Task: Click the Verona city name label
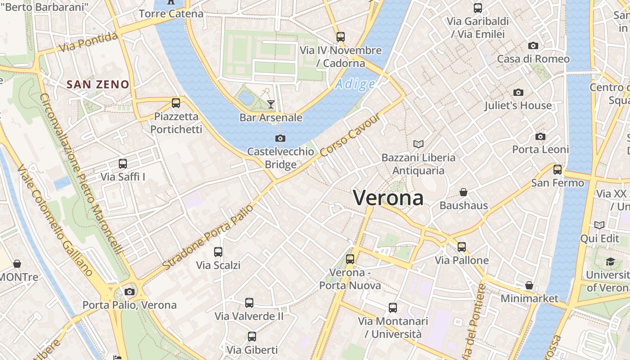[388, 198]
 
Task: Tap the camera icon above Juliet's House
[518, 92]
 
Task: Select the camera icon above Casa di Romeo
[533, 45]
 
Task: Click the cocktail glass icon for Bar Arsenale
[270, 104]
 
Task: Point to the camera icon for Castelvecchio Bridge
[280, 138]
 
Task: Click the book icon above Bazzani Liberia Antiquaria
[418, 144]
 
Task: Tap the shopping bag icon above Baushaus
[463, 192]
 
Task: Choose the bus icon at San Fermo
[558, 170]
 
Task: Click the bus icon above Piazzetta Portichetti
[176, 103]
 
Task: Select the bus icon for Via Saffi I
[123, 164]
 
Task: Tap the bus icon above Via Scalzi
[218, 252]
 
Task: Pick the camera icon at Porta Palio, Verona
[130, 292]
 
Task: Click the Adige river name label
[355, 84]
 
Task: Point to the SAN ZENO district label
[98, 84]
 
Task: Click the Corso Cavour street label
[351, 135]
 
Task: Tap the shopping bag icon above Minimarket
[529, 285]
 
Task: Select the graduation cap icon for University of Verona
[610, 261]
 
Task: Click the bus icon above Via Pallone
[462, 247]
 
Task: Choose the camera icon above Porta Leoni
[540, 136]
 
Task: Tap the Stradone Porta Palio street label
[208, 238]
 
